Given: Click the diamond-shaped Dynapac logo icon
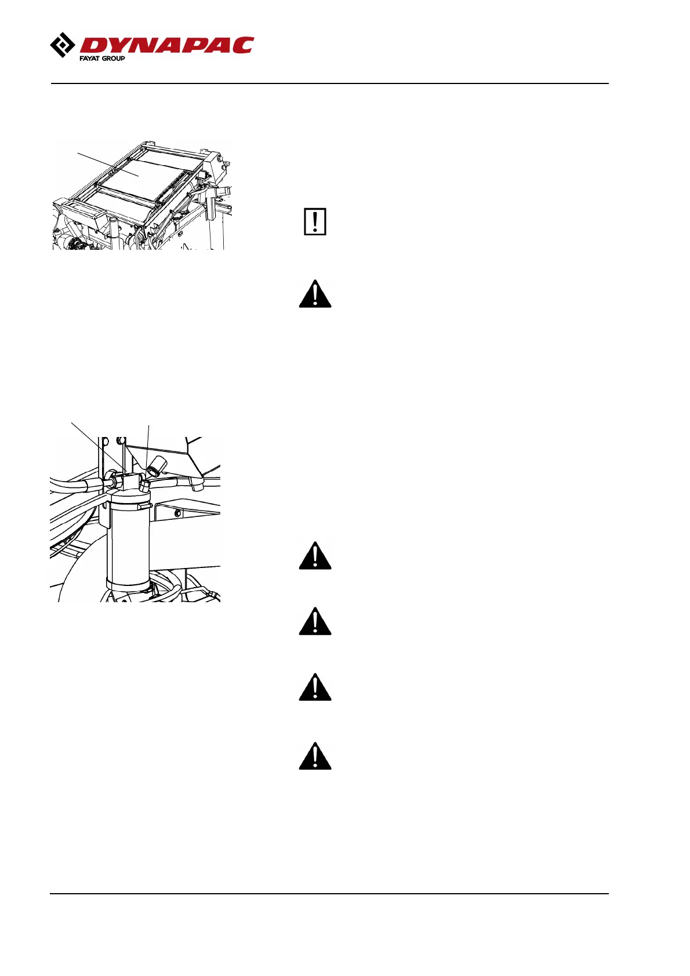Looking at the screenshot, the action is point(63,46).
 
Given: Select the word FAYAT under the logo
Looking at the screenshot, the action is point(89,59).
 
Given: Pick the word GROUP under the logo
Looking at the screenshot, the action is point(113,59).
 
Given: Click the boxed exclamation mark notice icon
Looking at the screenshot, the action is point(315,221).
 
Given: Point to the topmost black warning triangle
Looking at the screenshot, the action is point(315,294).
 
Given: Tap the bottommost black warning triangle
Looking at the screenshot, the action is point(315,756).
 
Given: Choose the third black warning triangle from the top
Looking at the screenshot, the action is point(315,622).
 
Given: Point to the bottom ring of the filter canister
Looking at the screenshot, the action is point(128,581).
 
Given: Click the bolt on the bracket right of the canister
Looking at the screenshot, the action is point(178,514).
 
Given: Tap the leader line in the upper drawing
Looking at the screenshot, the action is point(107,164).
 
